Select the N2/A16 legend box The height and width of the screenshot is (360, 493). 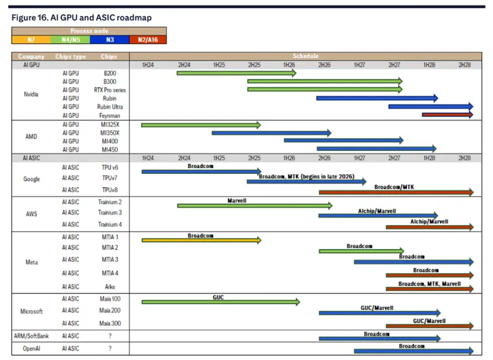(148, 39)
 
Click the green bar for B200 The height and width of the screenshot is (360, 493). (236, 73)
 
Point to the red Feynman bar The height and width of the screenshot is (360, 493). (447, 115)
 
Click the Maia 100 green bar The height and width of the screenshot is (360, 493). (221, 302)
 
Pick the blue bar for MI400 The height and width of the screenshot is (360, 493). (343, 141)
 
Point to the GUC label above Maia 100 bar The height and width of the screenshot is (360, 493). (218, 297)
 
